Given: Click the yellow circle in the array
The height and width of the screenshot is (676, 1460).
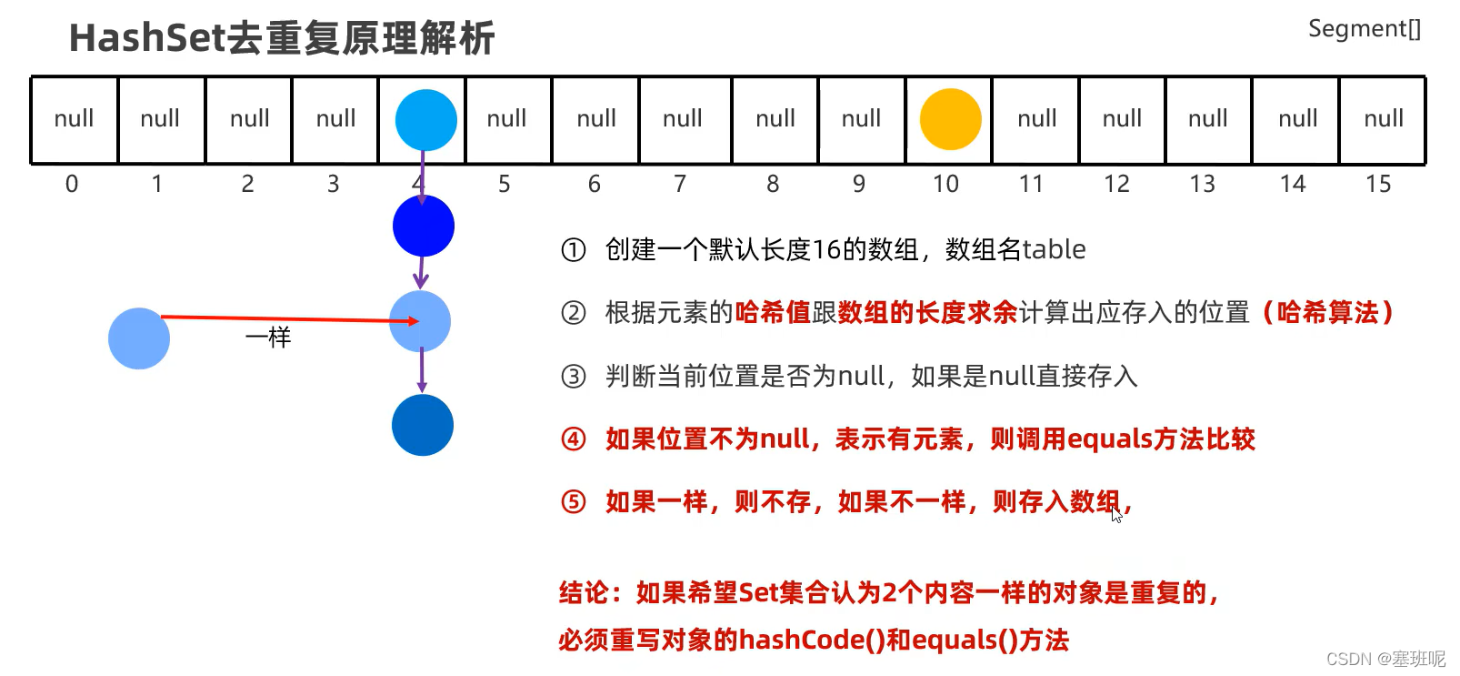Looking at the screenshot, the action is click(950, 119).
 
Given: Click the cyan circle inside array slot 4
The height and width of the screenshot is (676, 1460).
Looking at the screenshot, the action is click(425, 120).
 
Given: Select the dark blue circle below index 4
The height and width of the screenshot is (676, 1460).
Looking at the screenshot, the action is click(424, 226).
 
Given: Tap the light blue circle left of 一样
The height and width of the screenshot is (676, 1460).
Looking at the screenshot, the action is click(139, 338).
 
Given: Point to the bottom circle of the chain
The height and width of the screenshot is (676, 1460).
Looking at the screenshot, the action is click(423, 425).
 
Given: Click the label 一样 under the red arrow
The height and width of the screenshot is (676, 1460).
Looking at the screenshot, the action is click(268, 338).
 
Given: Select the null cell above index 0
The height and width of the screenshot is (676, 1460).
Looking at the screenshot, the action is click(74, 119).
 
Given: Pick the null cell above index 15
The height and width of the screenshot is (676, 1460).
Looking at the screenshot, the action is click(1383, 119).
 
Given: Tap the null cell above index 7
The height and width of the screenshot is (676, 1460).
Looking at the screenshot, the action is click(682, 119).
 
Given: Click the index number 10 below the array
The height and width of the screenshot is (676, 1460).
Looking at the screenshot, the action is click(945, 185).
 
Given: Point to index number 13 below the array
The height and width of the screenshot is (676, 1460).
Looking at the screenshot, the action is click(1202, 185).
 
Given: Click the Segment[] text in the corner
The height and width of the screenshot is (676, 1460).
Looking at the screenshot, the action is click(1364, 29).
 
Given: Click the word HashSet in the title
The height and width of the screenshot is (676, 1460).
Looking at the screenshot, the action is click(146, 39).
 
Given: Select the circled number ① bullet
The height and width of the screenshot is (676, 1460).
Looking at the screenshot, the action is click(573, 250).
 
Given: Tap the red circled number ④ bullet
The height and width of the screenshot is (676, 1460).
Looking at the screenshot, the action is click(573, 439).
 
